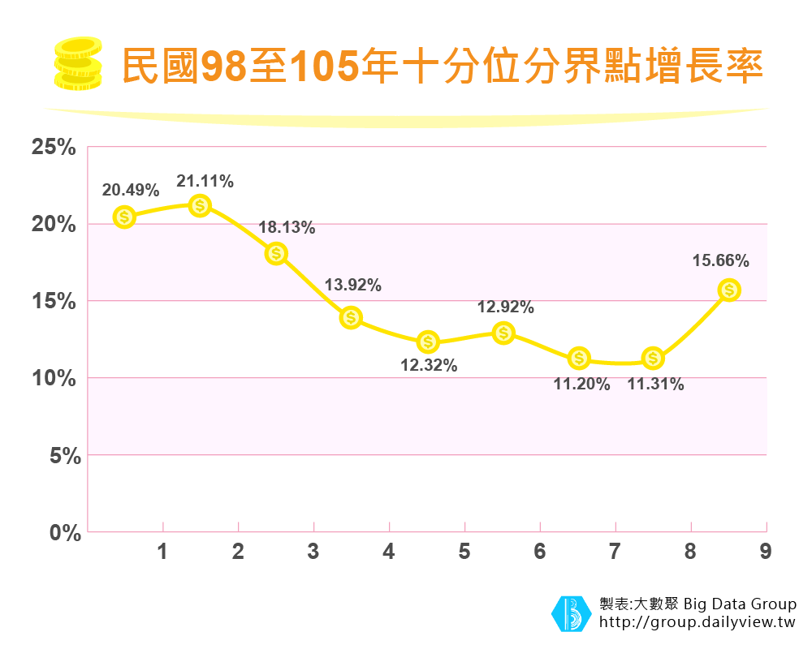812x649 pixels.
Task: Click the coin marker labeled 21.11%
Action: pyautogui.click(x=200, y=205)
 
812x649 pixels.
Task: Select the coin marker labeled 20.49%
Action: pyautogui.click(x=124, y=217)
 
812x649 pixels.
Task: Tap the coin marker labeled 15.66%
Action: pyautogui.click(x=729, y=290)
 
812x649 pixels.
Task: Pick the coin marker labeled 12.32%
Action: pyautogui.click(x=429, y=342)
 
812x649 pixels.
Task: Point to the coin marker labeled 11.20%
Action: pyautogui.click(x=579, y=357)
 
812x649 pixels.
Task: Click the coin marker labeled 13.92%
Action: pyautogui.click(x=351, y=317)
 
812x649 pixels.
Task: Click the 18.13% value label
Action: pyautogui.click(x=287, y=228)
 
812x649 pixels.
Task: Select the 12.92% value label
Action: pyautogui.click(x=505, y=307)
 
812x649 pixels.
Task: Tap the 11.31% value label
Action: pyautogui.click(x=655, y=385)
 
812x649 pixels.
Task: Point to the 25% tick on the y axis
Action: pyautogui.click(x=54, y=148)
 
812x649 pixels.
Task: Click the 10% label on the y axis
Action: pyautogui.click(x=54, y=379)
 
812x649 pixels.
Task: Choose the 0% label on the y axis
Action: pyautogui.click(x=59, y=533)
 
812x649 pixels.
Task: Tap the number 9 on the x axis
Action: pyautogui.click(x=765, y=552)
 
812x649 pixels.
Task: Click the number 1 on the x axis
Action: pyautogui.click(x=162, y=552)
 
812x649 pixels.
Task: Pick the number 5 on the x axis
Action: pyautogui.click(x=464, y=552)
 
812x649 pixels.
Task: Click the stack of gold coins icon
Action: pyautogui.click(x=77, y=63)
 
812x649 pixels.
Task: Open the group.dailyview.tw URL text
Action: pyautogui.click(x=698, y=623)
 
